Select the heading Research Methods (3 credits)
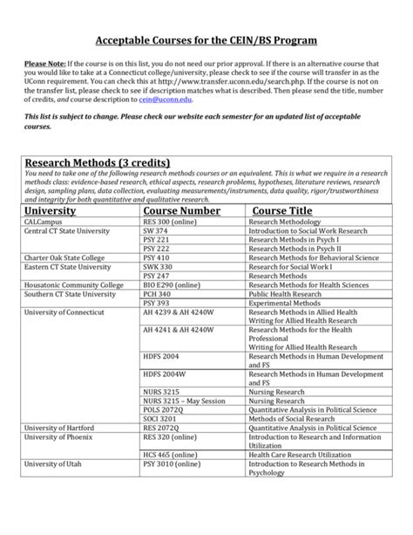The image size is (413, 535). click(96, 163)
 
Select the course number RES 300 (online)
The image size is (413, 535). click(173, 223)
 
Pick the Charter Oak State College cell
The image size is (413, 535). click(64, 258)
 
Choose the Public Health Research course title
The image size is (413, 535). click(288, 295)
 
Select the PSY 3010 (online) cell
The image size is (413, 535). click(174, 465)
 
